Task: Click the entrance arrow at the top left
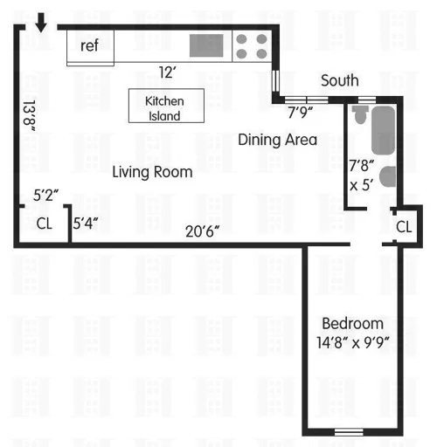pyautogui.click(x=40, y=20)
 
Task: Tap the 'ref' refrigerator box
pyautogui.click(x=90, y=46)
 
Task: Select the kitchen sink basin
pyautogui.click(x=207, y=45)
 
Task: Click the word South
pyautogui.click(x=339, y=80)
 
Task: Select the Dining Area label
pyautogui.click(x=278, y=140)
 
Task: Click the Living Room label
pyautogui.click(x=152, y=172)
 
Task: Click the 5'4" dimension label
pyautogui.click(x=86, y=223)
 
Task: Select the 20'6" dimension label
pyautogui.click(x=202, y=230)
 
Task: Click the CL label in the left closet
pyautogui.click(x=45, y=223)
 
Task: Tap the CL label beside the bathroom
pyautogui.click(x=403, y=227)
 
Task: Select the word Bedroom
pyautogui.click(x=352, y=322)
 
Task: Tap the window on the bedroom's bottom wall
pyautogui.click(x=350, y=431)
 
